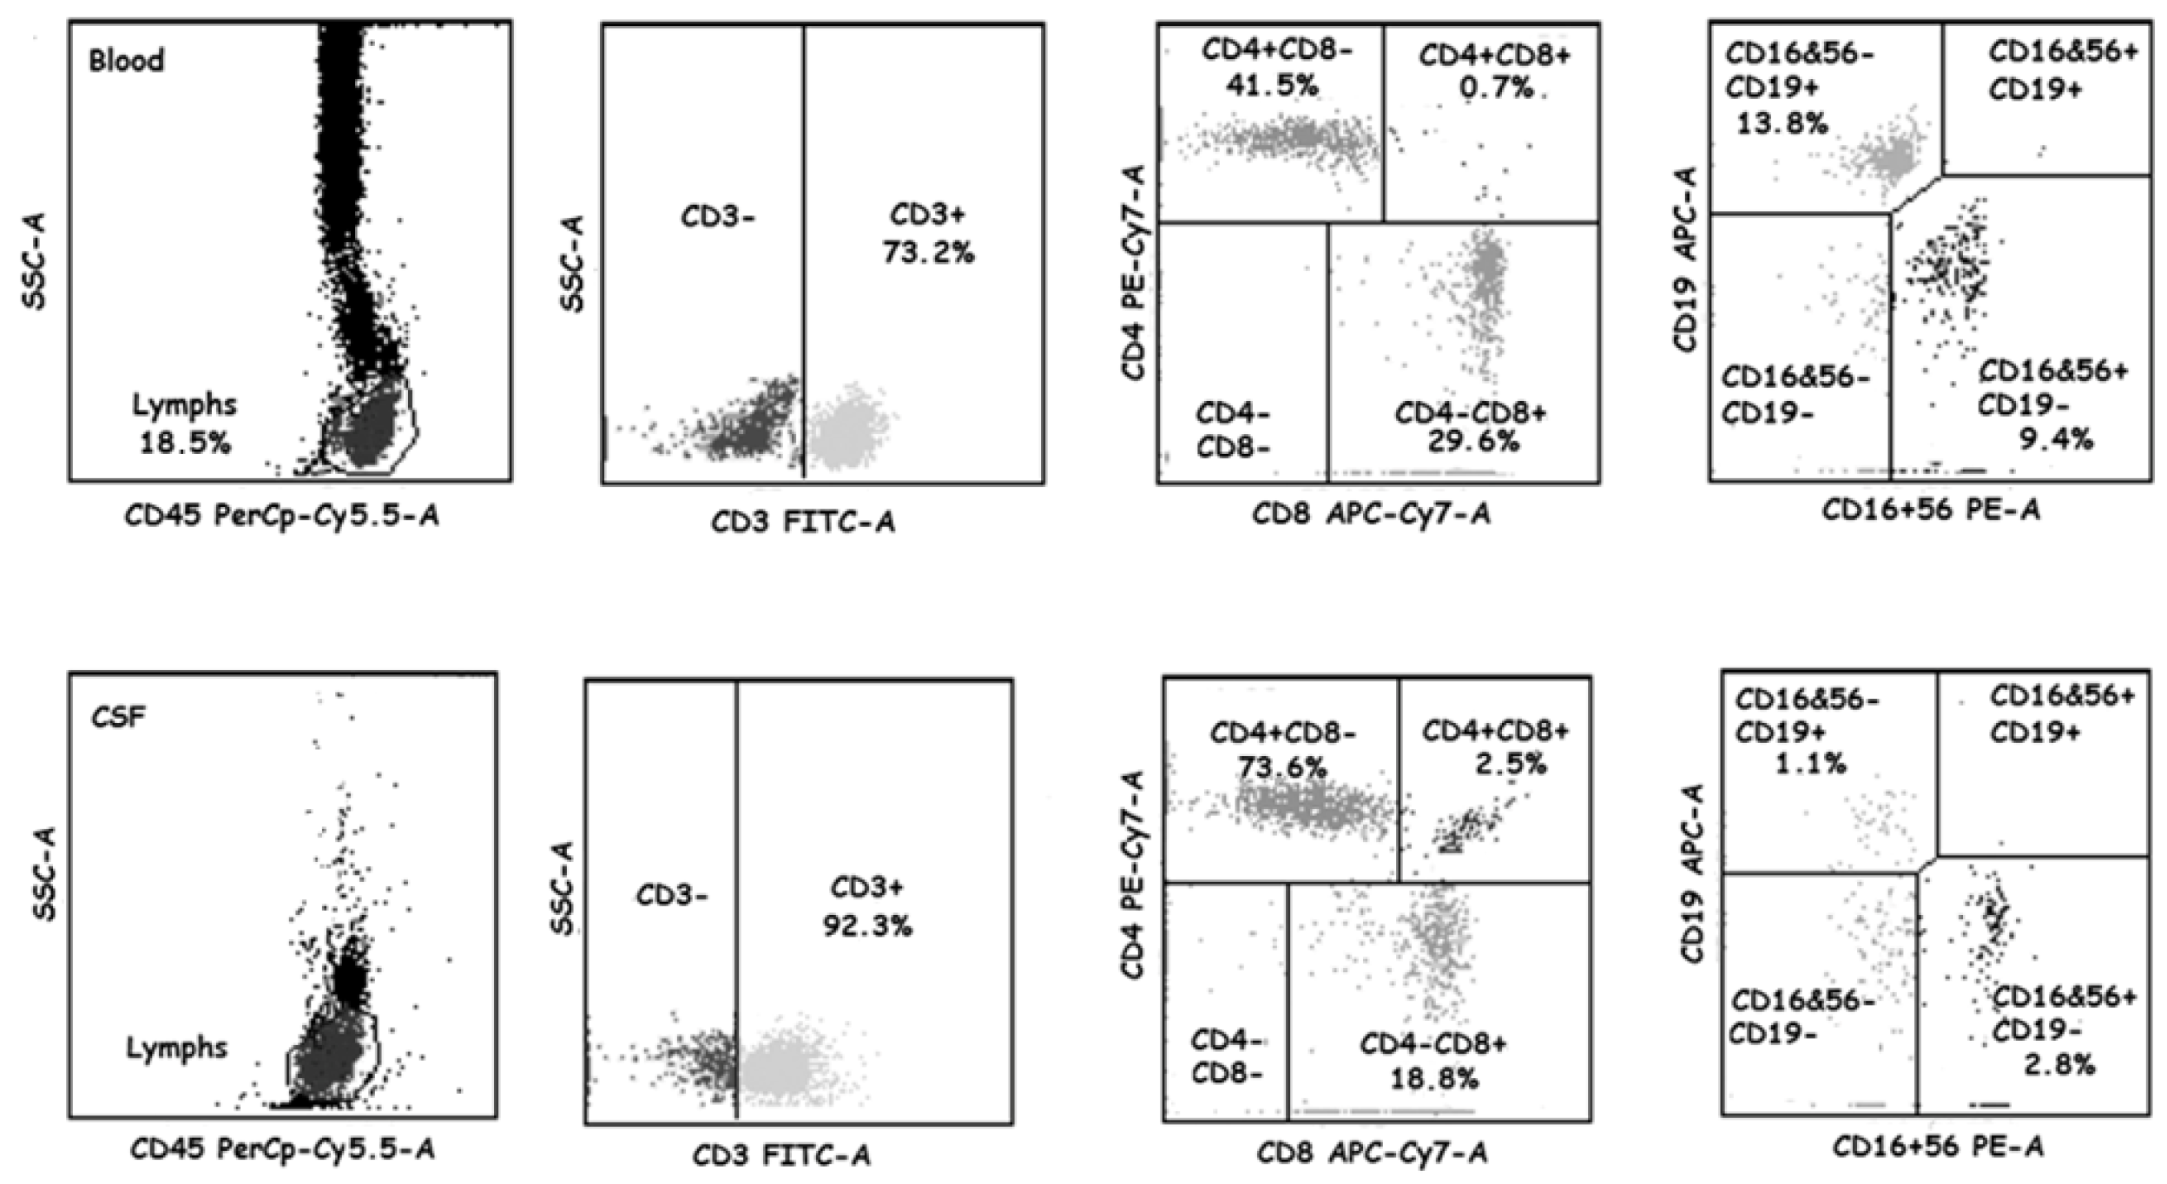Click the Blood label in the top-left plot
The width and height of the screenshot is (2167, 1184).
(x=127, y=61)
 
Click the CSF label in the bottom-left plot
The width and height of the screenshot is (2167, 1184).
(x=120, y=718)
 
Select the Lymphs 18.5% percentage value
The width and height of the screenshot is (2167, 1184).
(x=185, y=444)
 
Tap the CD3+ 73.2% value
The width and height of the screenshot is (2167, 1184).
(x=928, y=253)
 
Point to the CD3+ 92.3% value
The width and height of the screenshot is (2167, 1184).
(x=867, y=925)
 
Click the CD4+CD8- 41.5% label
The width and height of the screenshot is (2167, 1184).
(x=1277, y=86)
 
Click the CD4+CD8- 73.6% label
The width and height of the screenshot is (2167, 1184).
(x=1282, y=767)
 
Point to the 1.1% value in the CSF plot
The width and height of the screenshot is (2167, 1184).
(x=1821, y=764)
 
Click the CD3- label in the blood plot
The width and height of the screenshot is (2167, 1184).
(x=717, y=216)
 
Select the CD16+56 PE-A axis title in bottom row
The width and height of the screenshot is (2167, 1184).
(x=1938, y=1148)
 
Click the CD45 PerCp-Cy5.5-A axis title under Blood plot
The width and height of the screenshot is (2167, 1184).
(x=281, y=517)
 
